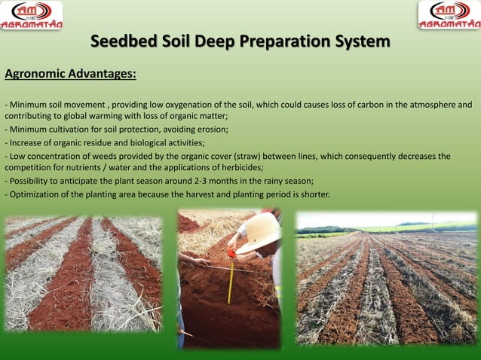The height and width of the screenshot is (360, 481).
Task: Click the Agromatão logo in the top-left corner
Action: click(32, 15)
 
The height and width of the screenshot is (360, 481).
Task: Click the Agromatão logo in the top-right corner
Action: click(449, 15)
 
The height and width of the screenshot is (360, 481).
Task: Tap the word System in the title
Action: click(363, 41)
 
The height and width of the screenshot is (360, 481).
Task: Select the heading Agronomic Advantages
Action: click(71, 75)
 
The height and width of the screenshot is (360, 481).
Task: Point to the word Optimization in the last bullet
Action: click(34, 194)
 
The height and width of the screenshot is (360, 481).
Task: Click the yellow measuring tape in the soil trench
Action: click(231, 282)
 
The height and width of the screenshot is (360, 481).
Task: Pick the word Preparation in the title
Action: click(290, 41)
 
